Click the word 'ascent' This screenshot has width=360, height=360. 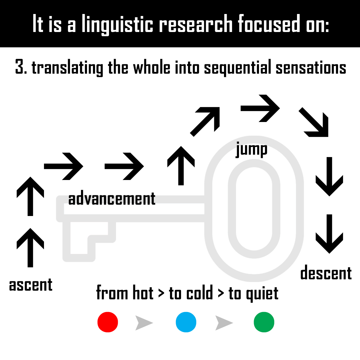(x=31, y=285)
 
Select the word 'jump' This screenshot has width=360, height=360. (x=252, y=149)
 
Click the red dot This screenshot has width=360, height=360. (x=108, y=322)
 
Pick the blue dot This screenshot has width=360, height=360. (x=186, y=322)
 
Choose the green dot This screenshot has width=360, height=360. (x=264, y=322)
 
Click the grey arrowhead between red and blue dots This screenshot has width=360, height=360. (x=143, y=323)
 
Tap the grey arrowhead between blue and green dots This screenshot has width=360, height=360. (x=223, y=323)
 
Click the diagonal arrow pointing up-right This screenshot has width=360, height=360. (x=205, y=122)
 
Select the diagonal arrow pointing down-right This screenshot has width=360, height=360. (x=314, y=122)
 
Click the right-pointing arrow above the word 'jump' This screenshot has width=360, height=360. (x=260, y=108)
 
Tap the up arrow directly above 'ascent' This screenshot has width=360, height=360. (x=30, y=248)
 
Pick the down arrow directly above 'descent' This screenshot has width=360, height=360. (x=329, y=234)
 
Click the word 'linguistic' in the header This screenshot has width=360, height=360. (x=117, y=24)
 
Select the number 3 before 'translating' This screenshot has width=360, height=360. (x=19, y=67)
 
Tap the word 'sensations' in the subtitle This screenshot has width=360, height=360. (x=311, y=67)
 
